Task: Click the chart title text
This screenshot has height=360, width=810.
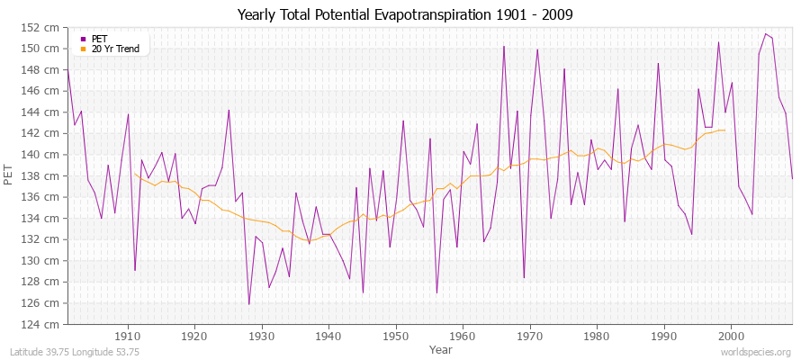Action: point(404,14)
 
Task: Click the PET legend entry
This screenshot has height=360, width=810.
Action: point(99,39)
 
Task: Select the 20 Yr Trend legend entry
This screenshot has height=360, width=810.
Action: point(115,49)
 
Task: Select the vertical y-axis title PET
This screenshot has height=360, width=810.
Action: point(10,175)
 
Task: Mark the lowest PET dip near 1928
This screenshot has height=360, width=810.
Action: point(249,304)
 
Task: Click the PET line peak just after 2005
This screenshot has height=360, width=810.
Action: point(765,34)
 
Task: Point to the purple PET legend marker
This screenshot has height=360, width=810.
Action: point(84,39)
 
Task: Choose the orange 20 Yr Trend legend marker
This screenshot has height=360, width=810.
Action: point(84,49)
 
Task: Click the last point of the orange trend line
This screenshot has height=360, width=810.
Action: point(724,130)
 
